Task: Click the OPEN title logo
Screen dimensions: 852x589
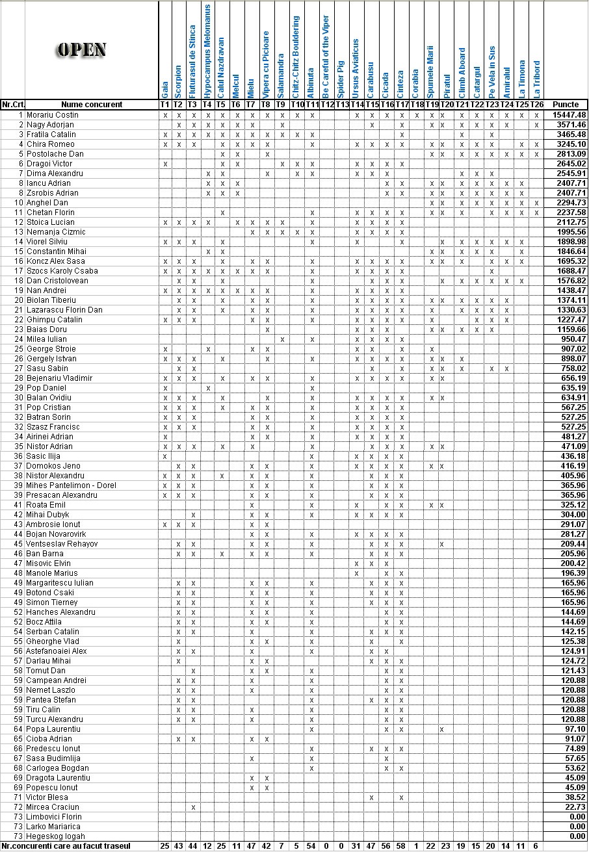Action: (82, 50)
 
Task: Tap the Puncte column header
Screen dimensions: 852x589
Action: (566, 105)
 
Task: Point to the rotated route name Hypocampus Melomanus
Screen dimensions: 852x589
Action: (207, 50)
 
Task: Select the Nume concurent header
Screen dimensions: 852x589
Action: (92, 105)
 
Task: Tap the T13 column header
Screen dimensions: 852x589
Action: (342, 105)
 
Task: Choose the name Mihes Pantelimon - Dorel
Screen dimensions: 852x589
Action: (72, 485)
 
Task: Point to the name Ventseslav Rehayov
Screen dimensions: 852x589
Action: (62, 544)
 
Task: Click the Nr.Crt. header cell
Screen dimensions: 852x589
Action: (12, 105)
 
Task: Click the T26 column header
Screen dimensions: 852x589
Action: (536, 105)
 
